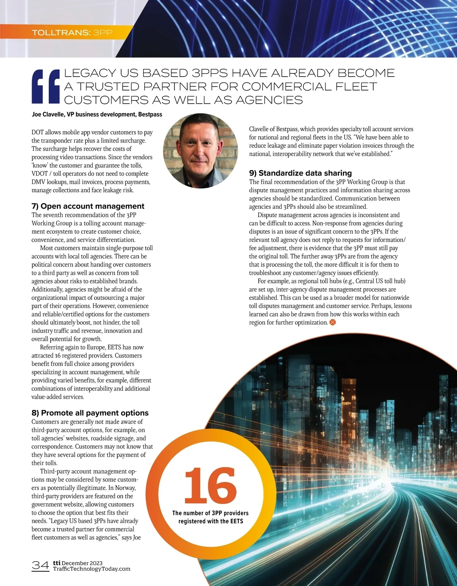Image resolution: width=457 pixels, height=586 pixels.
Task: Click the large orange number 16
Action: pos(210,486)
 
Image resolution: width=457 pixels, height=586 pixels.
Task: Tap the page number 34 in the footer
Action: pos(40,565)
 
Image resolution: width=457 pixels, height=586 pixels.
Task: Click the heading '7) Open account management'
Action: pos(88,206)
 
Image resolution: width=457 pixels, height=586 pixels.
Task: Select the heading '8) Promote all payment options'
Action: pos(90,413)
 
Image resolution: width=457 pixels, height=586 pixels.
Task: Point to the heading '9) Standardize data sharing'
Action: pos(300,173)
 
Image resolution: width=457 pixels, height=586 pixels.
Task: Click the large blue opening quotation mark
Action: pos(46,87)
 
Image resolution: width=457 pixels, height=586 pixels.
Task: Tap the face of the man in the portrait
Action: pos(201,144)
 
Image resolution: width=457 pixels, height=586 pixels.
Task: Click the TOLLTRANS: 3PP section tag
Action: pos(72,32)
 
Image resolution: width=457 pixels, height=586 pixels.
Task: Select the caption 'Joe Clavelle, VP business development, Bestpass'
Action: pos(97,114)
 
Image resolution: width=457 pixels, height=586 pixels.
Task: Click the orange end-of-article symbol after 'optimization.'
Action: pos(332,323)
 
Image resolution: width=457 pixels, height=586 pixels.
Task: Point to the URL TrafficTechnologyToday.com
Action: pos(91,569)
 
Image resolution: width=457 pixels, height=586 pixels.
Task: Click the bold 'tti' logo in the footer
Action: pos(56,563)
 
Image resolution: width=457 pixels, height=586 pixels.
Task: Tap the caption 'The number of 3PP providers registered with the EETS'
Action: pos(210,517)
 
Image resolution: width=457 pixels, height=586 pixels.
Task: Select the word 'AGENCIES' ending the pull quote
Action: pos(269,100)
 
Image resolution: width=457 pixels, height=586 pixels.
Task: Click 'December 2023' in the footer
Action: pos(82,563)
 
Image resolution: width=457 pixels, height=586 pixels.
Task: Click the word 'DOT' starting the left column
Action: pos(38,132)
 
